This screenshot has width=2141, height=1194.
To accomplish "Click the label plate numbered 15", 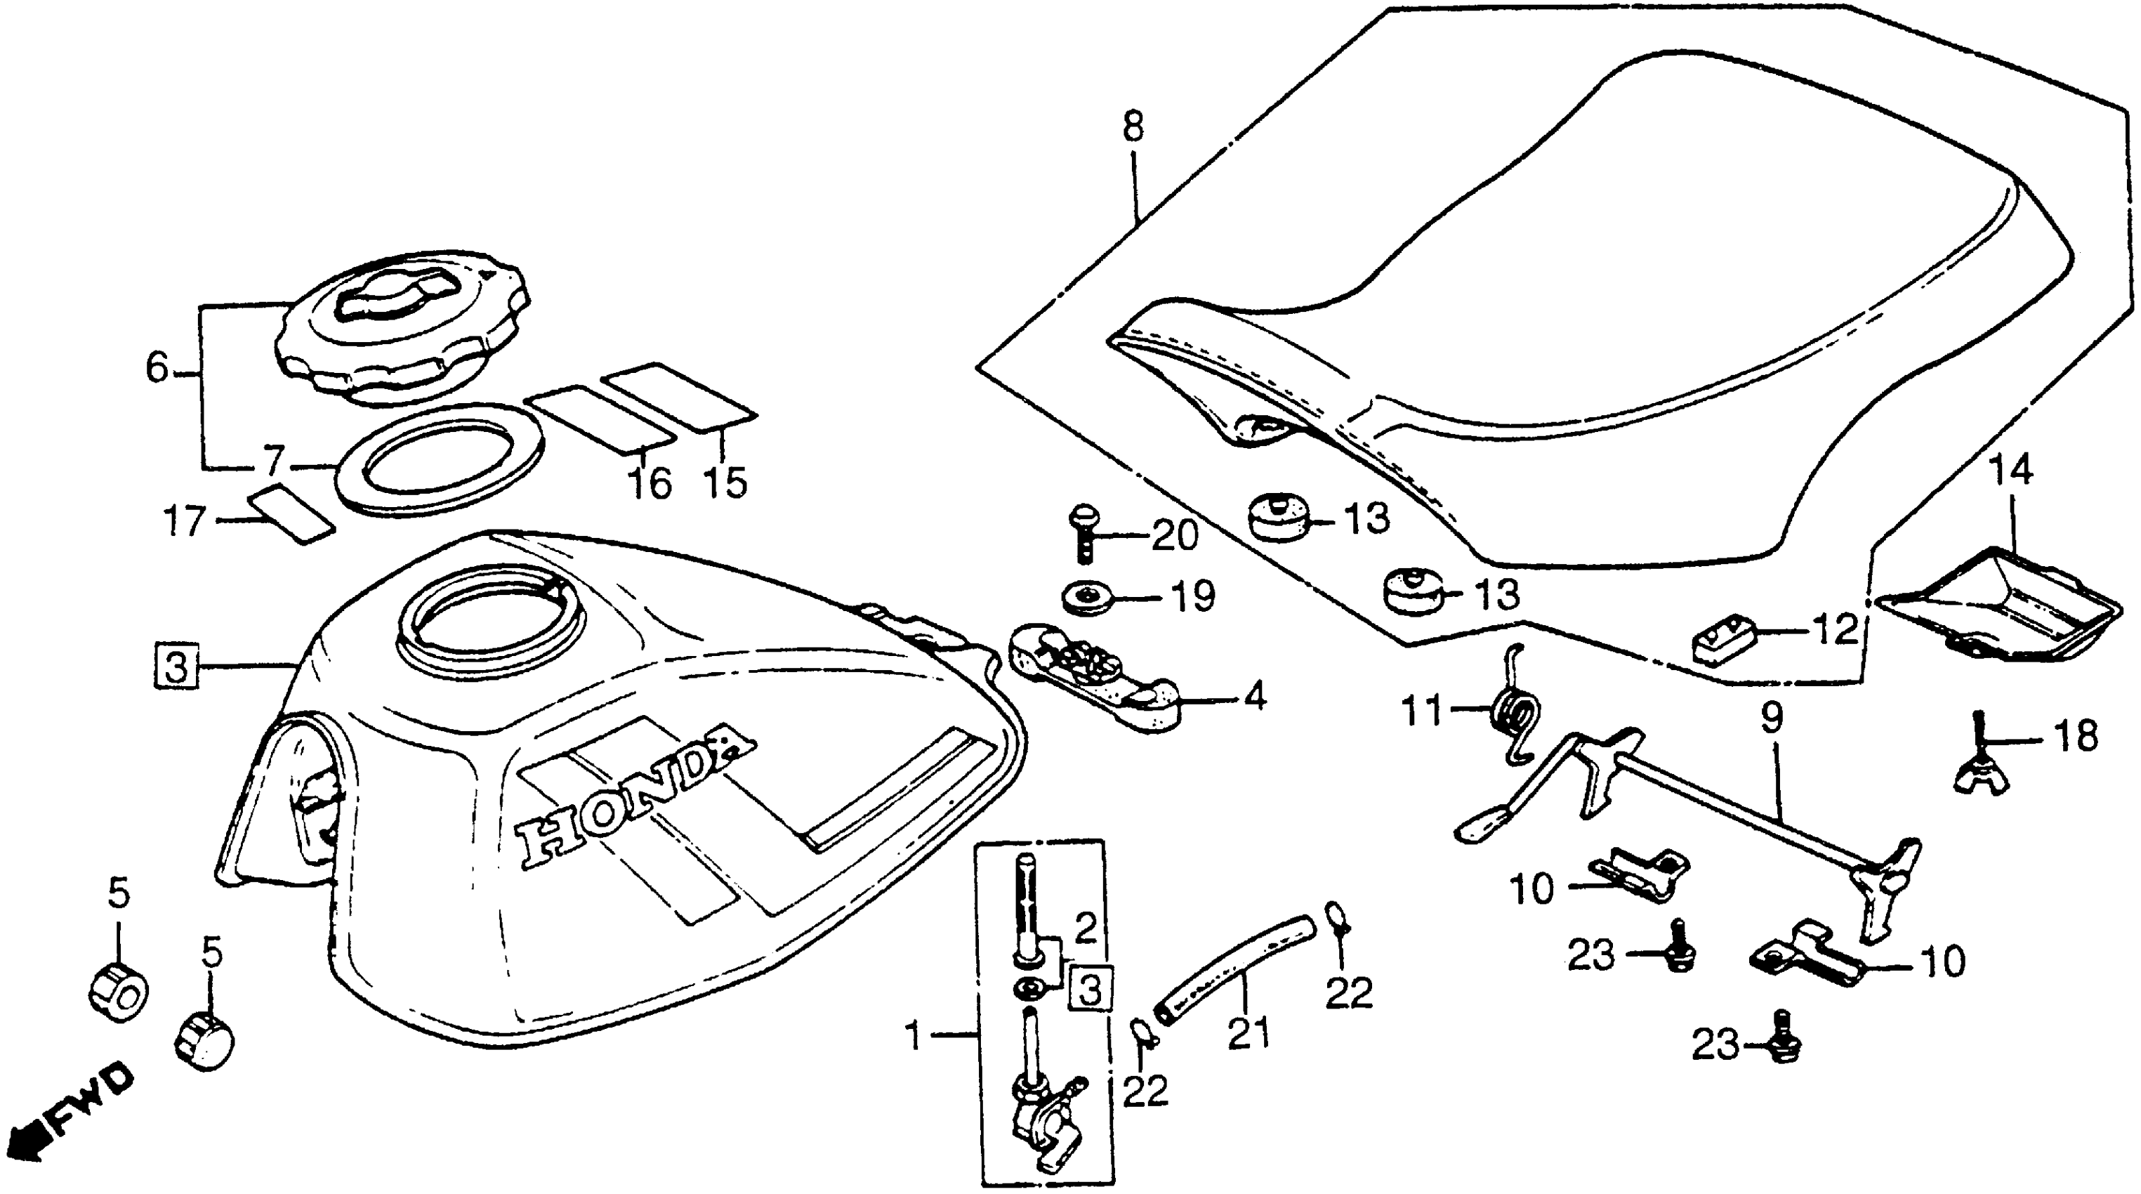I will pos(678,397).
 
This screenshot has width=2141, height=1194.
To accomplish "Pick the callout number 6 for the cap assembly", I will pos(158,367).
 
